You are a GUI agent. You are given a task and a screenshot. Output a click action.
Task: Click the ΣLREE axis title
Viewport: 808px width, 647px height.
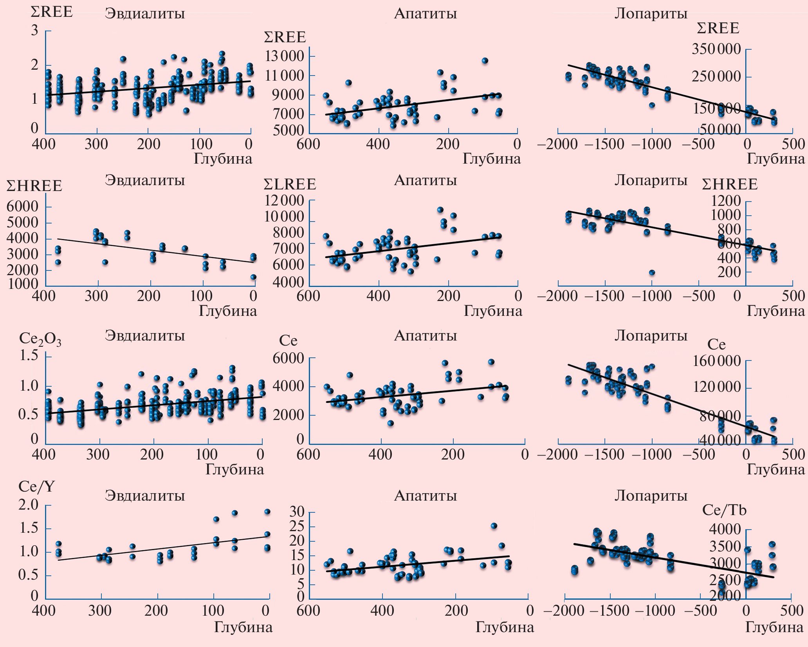pyautogui.click(x=290, y=184)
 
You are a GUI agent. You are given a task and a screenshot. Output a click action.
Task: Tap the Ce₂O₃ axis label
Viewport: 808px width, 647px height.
pyautogui.click(x=40, y=340)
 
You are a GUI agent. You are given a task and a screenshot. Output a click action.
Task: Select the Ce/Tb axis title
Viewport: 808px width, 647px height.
pyautogui.click(x=724, y=510)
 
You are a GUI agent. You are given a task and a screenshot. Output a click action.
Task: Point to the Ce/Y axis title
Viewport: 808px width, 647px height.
pyautogui.click(x=37, y=487)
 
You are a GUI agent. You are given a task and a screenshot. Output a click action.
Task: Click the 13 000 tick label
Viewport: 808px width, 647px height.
pyautogui.click(x=284, y=56)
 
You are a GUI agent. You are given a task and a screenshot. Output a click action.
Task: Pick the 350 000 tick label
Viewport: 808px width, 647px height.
pyautogui.click(x=716, y=49)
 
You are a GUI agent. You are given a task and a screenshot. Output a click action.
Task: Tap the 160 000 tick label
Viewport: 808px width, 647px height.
pyautogui.click(x=717, y=361)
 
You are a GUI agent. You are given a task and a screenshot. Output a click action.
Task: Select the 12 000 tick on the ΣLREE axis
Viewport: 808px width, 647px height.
pyautogui.click(x=284, y=201)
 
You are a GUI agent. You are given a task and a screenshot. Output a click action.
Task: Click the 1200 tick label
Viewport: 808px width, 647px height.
pyautogui.click(x=727, y=201)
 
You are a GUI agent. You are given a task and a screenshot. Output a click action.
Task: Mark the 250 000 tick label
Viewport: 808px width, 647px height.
pyautogui.click(x=716, y=77)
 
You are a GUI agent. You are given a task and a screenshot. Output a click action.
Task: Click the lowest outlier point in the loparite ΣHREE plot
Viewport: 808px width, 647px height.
pyautogui.click(x=652, y=272)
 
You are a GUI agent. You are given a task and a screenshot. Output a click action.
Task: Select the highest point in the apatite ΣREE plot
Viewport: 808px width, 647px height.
pyautogui.click(x=485, y=61)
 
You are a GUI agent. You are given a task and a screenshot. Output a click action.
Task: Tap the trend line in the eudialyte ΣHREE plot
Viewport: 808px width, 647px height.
pyautogui.click(x=157, y=251)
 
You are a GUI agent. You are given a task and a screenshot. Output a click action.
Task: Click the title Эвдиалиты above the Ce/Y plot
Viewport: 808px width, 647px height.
pyautogui.click(x=144, y=496)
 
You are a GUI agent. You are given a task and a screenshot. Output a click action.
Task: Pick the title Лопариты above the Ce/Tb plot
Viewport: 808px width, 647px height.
pyautogui.click(x=651, y=496)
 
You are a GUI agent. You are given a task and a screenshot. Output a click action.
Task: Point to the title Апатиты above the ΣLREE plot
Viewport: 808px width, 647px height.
pyautogui.click(x=425, y=180)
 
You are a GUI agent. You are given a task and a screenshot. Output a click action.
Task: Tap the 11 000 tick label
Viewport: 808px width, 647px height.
pyautogui.click(x=284, y=76)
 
